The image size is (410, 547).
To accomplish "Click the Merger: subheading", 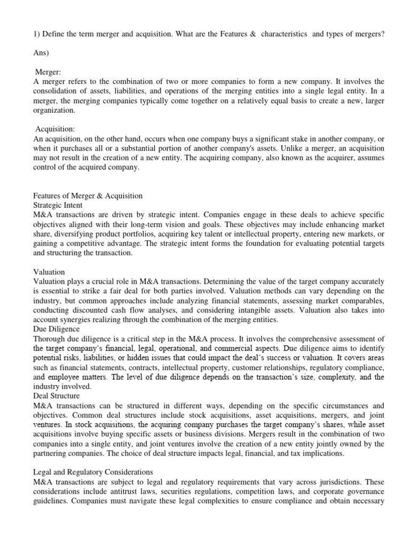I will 49,72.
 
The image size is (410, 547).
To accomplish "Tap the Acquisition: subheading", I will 56,130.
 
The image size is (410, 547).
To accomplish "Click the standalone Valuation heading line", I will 49,272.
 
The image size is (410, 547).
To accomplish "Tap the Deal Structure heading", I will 56,396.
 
